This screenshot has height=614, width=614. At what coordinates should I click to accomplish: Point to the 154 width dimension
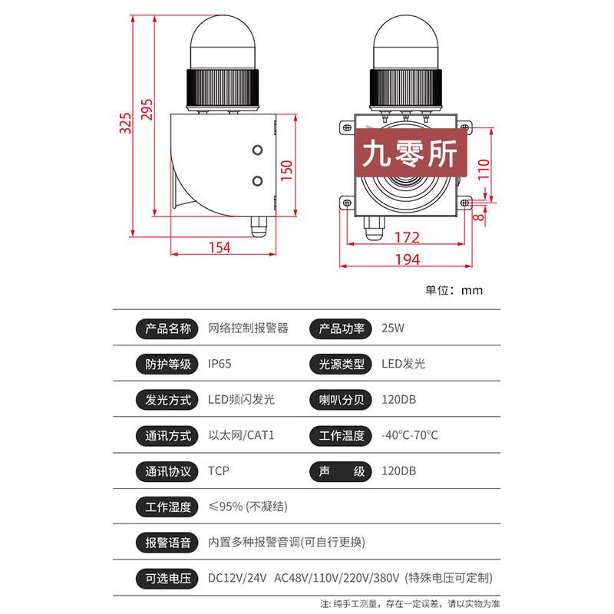coord(219,247)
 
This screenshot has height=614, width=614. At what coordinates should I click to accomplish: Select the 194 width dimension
coord(407,259)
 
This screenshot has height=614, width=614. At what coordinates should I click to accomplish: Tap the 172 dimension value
coord(407,237)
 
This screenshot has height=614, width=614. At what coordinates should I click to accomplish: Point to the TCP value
coord(219,470)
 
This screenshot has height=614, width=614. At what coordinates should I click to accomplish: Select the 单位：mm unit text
coord(454,290)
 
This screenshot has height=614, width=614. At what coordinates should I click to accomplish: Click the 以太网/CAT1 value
coord(241,435)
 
